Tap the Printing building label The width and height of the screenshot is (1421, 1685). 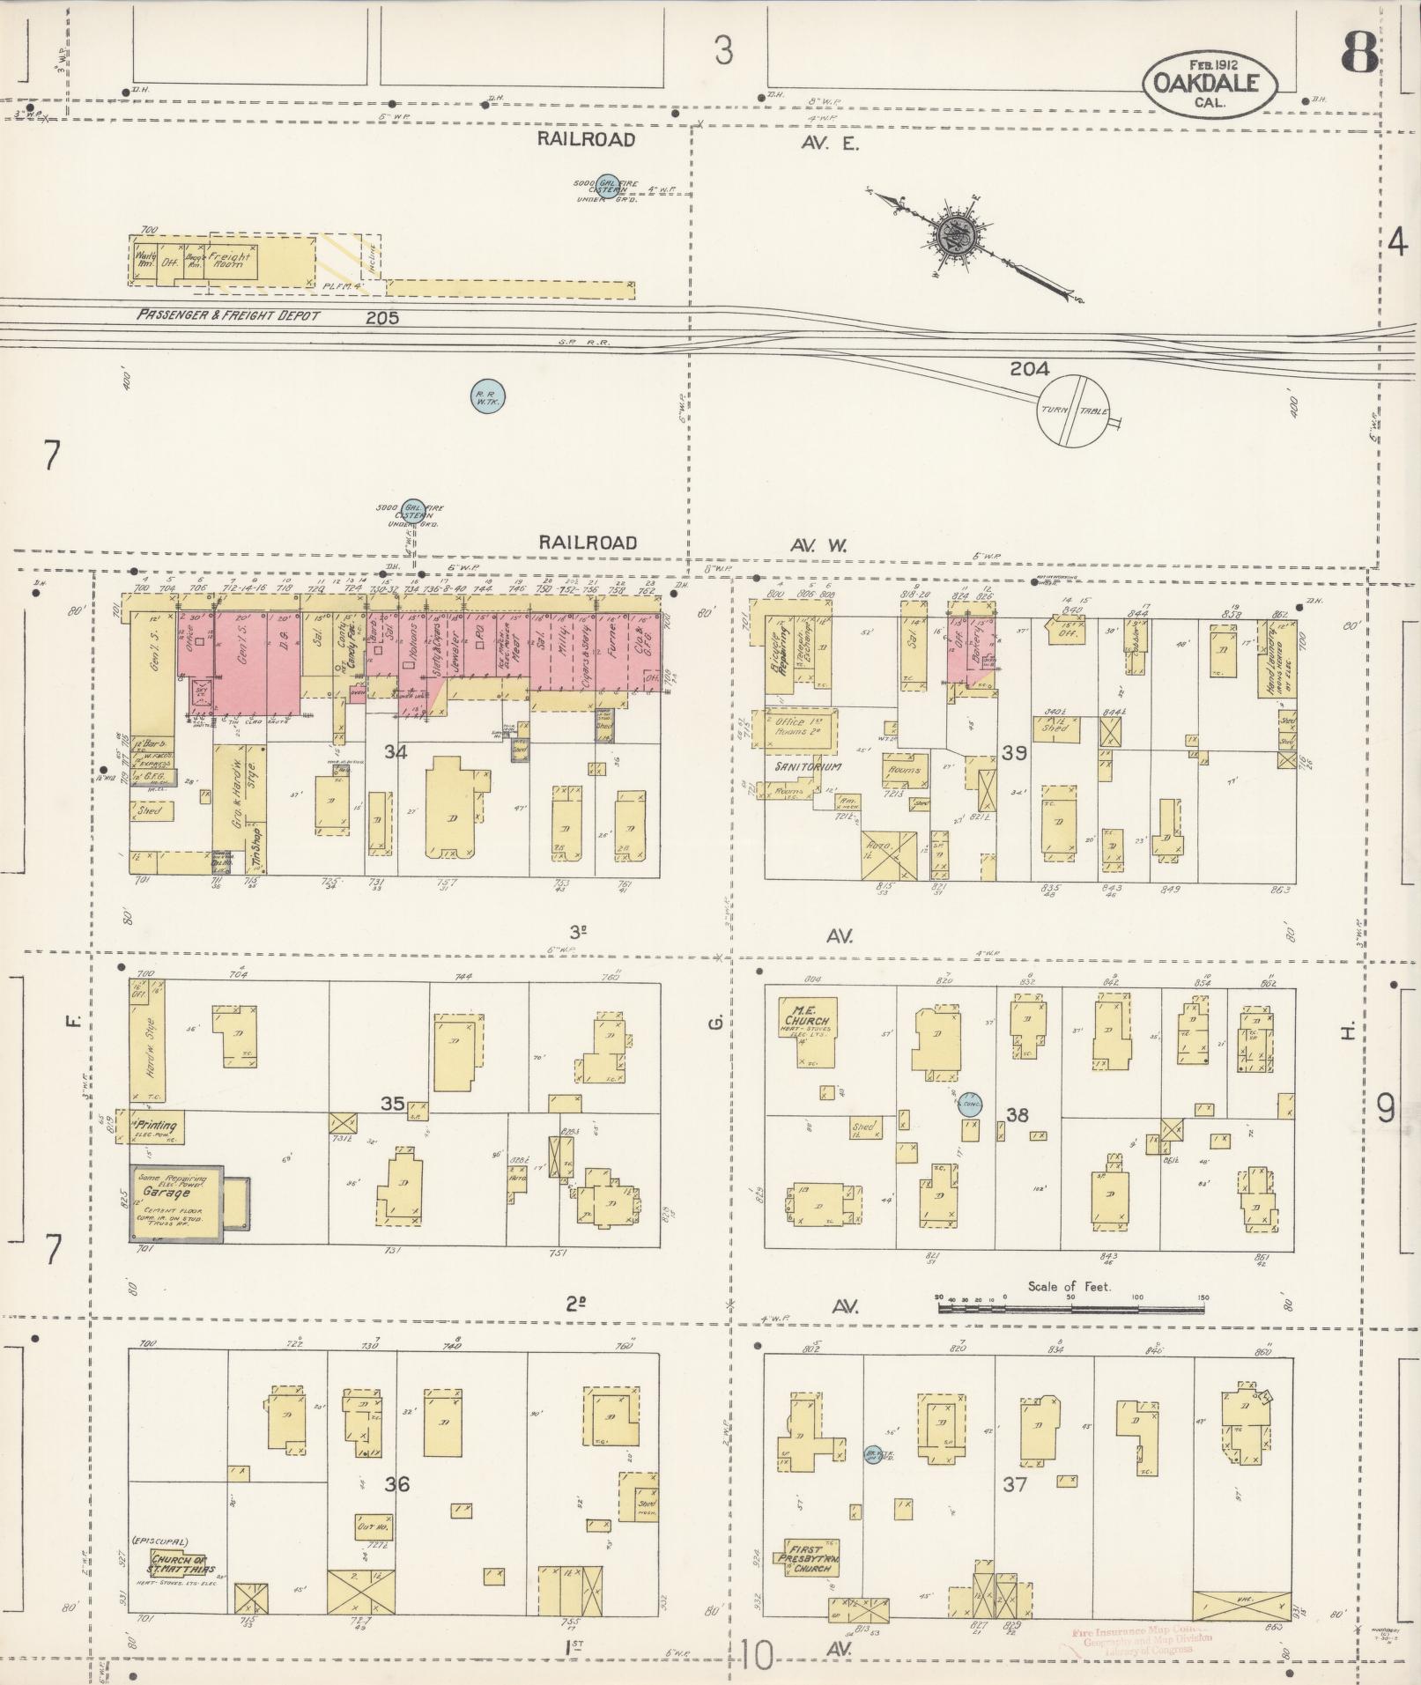point(155,1125)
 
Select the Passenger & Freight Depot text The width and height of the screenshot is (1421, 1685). point(228,315)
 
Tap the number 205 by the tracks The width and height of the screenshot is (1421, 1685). point(382,317)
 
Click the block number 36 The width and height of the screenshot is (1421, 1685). point(396,1484)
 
